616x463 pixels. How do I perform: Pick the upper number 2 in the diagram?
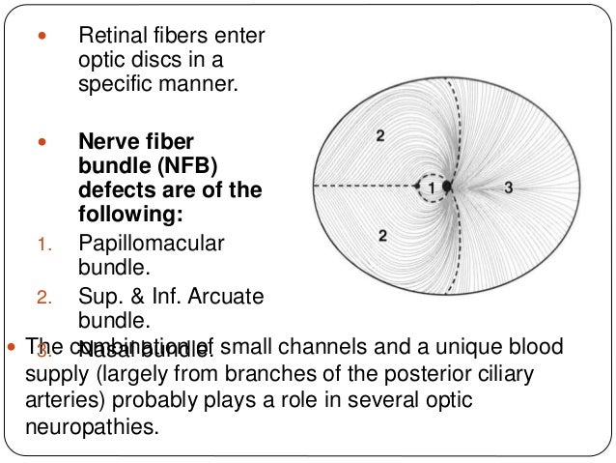point(379,136)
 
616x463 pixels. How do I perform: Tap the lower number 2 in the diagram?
point(384,236)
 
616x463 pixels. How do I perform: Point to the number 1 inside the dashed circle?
point(433,185)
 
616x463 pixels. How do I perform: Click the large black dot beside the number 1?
point(447,185)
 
